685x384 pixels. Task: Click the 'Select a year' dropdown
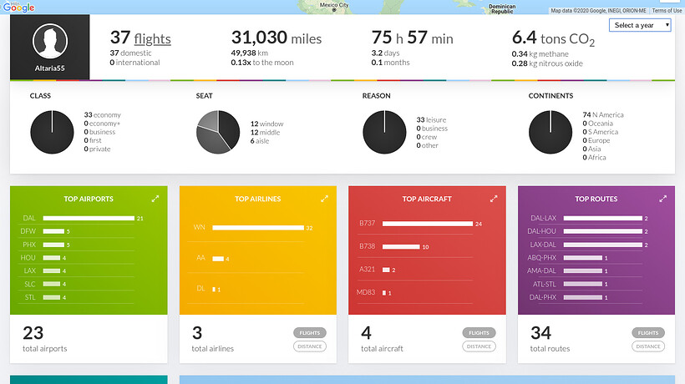click(x=642, y=25)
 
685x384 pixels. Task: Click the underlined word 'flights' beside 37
click(x=152, y=38)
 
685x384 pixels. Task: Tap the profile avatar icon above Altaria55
click(x=49, y=42)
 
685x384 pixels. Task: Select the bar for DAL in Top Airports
click(x=89, y=219)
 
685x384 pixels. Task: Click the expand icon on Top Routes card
click(x=662, y=199)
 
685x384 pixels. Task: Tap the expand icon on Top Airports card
click(x=155, y=199)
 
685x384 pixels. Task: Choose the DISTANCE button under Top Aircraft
click(x=479, y=346)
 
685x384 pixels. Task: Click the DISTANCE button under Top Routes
click(x=648, y=346)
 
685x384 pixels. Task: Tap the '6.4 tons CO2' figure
click(x=553, y=38)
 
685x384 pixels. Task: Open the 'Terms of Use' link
click(x=667, y=11)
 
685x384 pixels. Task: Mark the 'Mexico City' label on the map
click(x=333, y=5)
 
